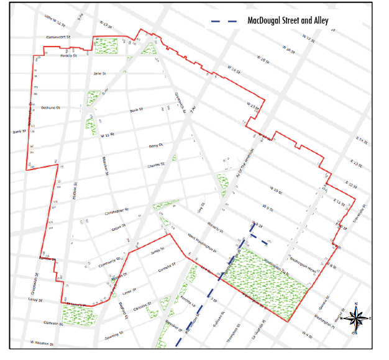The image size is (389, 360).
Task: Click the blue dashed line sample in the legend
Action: pyautogui.click(x=224, y=20)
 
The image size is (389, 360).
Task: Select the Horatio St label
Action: pyautogui.click(x=68, y=55)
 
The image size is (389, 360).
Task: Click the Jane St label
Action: pyautogui.click(x=99, y=73)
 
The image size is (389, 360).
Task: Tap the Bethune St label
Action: pyautogui.click(x=50, y=107)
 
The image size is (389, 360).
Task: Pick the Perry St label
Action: pyautogui.click(x=155, y=146)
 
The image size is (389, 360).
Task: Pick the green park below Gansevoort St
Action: pyautogui.click(x=106, y=45)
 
